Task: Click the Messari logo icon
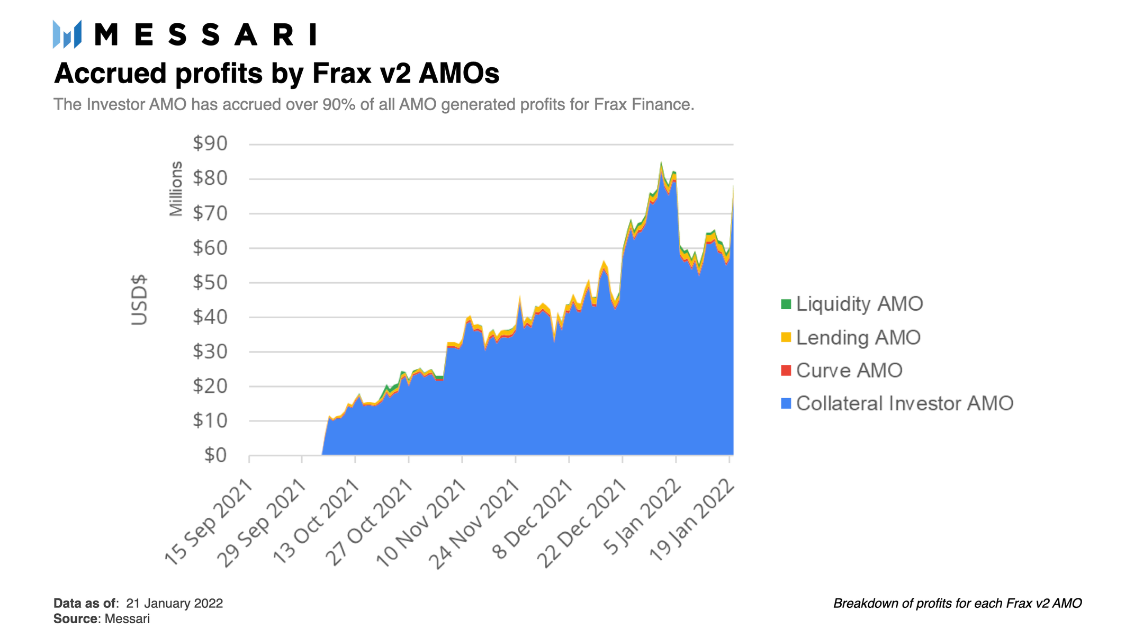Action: point(67,34)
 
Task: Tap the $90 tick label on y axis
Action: point(210,143)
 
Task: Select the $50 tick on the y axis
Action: point(210,282)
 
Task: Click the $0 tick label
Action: point(215,455)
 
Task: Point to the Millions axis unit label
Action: point(176,189)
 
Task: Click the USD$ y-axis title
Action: point(139,300)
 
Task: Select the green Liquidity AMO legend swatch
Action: point(786,304)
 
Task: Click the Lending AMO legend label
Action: point(858,337)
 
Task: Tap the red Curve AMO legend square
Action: point(786,371)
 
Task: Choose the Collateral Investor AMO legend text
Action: point(904,403)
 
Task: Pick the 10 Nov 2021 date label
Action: point(421,523)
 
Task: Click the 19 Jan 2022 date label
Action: point(691,521)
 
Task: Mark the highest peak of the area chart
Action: point(661,164)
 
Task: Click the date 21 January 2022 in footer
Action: point(175,604)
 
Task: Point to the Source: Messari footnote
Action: point(102,619)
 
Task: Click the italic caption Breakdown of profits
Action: point(957,604)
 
